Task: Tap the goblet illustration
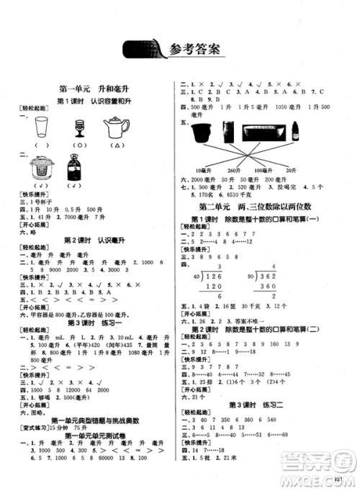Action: coord(78,128)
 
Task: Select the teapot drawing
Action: coord(115,127)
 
